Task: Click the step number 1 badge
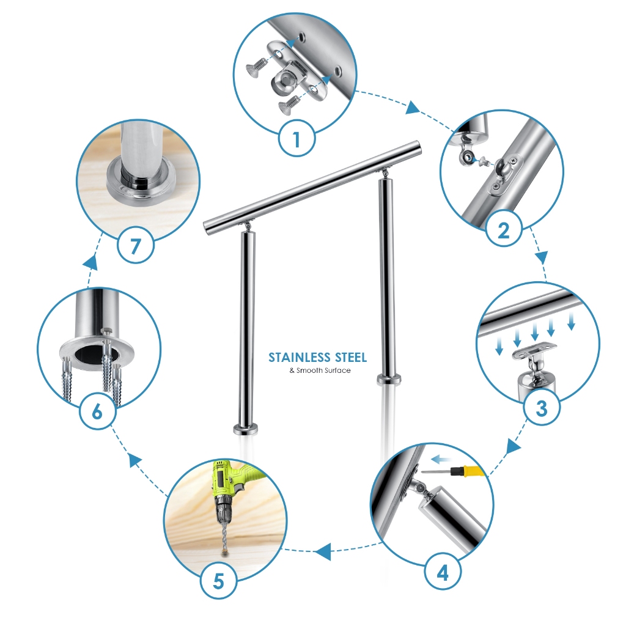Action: [x=296, y=139]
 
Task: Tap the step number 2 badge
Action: [x=504, y=229]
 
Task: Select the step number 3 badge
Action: [x=542, y=408]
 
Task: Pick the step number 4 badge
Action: [x=443, y=572]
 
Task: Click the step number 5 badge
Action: [x=218, y=581]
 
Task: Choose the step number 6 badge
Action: [x=97, y=411]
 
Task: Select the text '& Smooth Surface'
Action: [x=320, y=370]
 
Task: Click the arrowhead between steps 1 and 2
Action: [x=413, y=108]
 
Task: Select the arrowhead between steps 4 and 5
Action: [x=323, y=551]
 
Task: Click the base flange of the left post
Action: [x=246, y=429]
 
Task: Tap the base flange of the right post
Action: [x=389, y=379]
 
